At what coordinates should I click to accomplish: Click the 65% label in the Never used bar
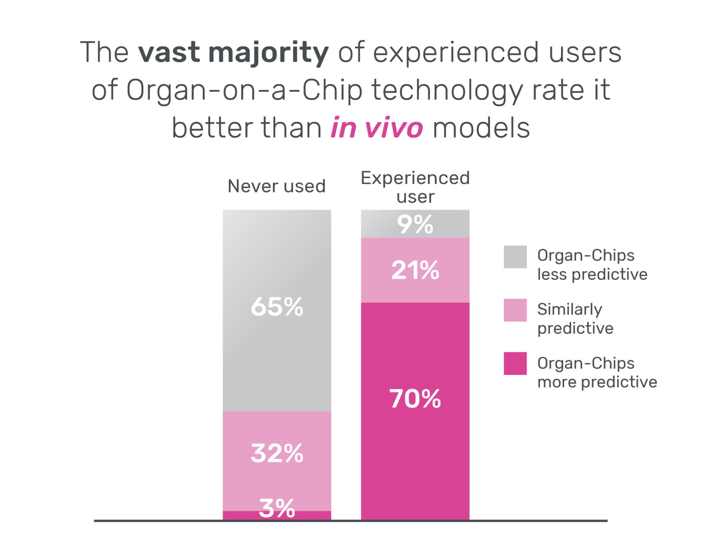tap(277, 307)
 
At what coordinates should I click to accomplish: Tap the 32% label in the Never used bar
tap(277, 453)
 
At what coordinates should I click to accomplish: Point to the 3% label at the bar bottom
tap(277, 508)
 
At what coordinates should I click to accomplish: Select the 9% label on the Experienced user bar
tap(415, 224)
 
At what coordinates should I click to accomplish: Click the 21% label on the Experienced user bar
tap(415, 270)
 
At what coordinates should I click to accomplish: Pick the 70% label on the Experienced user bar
tap(415, 398)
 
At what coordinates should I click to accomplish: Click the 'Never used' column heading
tap(277, 186)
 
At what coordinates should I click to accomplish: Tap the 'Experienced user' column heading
tap(415, 187)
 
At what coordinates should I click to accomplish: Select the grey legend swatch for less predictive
tap(515, 257)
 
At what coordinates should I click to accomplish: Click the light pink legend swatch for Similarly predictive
tap(515, 310)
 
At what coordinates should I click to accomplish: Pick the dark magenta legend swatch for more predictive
tap(515, 363)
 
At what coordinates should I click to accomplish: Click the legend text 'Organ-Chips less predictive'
tap(591, 265)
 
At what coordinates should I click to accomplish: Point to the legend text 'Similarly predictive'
tap(575, 318)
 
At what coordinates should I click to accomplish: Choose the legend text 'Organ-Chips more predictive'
tap(597, 372)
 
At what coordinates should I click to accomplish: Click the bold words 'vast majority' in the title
tap(233, 53)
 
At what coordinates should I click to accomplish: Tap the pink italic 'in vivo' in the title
tap(376, 128)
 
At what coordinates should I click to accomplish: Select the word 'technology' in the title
tap(447, 91)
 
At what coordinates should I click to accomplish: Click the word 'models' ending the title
tap(481, 128)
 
